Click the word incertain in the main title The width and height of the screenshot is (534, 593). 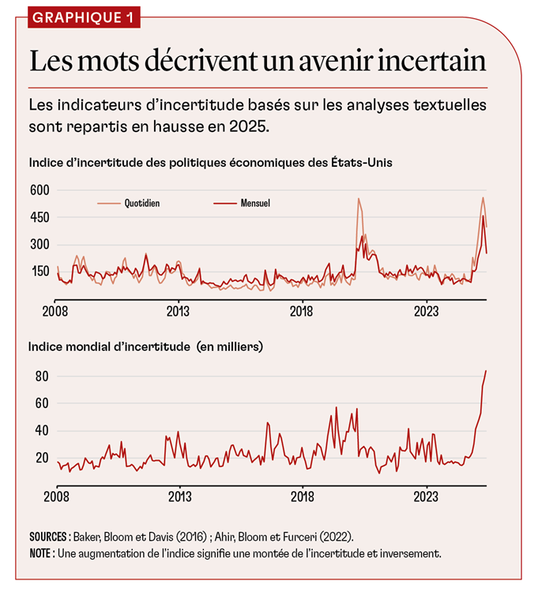[431, 62]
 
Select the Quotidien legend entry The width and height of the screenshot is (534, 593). [142, 203]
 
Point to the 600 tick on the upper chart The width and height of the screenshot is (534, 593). [39, 190]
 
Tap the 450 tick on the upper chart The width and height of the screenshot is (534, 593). [39, 217]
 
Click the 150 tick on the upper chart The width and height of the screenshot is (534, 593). [39, 271]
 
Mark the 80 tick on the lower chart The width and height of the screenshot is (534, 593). [40, 376]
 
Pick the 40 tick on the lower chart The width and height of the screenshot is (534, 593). [40, 431]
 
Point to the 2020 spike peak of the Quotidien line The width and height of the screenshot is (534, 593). [359, 198]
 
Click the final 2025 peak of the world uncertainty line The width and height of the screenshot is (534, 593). [486, 371]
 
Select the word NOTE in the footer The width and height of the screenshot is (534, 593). [42, 553]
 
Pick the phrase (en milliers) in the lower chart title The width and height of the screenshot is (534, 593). [224, 346]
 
